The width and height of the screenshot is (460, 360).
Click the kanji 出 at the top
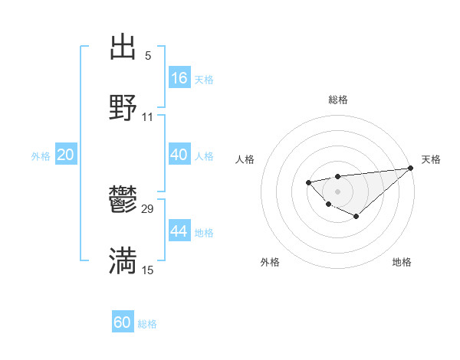tap(123, 47)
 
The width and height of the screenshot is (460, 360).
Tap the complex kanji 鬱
tap(123, 201)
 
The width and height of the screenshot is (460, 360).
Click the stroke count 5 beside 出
tap(148, 56)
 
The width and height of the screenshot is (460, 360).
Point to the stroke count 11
tap(148, 116)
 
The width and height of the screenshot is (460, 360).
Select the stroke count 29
tap(148, 209)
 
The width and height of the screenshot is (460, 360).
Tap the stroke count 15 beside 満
tap(148, 270)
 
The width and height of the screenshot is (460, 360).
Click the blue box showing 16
tap(179, 78)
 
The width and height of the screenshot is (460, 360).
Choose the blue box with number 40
tap(179, 155)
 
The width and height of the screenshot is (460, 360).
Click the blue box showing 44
tap(179, 231)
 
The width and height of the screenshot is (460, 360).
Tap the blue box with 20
tap(65, 155)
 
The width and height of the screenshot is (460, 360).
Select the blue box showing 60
tap(123, 322)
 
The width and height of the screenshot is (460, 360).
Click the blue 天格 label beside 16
tap(204, 80)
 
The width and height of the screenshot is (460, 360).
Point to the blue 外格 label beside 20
tap(41, 156)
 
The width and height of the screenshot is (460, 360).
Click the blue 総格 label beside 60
tap(147, 324)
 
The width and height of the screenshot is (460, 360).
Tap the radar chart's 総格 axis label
tap(337, 100)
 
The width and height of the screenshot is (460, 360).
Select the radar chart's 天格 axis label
tap(431, 159)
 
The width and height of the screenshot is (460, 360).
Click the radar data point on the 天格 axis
tap(410, 168)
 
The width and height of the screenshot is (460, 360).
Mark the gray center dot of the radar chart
tap(337, 191)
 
